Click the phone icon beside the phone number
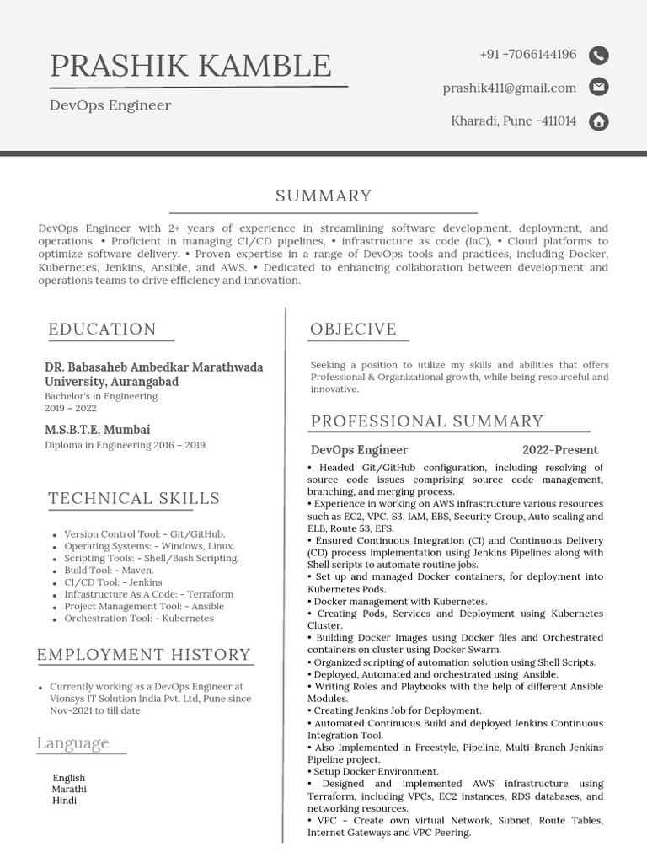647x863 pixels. tap(598, 56)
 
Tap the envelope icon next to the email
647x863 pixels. tap(598, 87)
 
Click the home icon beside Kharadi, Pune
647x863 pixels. tap(598, 121)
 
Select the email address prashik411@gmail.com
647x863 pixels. tap(510, 88)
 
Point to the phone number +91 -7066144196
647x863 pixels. tap(528, 55)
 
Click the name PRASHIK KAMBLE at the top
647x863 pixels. tap(190, 66)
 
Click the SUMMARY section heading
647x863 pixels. tap(323, 196)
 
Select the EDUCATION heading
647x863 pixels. tap(102, 330)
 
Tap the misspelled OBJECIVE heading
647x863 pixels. tap(353, 330)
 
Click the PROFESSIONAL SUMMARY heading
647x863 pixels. tap(427, 421)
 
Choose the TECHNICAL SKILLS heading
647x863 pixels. tap(134, 498)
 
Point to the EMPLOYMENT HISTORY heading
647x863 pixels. tap(144, 655)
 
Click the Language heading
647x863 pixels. tap(73, 743)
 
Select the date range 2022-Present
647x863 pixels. tap(560, 450)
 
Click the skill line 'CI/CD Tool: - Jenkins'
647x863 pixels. tap(114, 582)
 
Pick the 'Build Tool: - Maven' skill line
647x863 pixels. tap(109, 570)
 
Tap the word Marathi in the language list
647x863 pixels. tap(69, 790)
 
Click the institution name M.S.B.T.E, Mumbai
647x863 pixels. tap(98, 430)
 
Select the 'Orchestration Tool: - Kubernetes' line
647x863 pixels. tap(139, 619)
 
